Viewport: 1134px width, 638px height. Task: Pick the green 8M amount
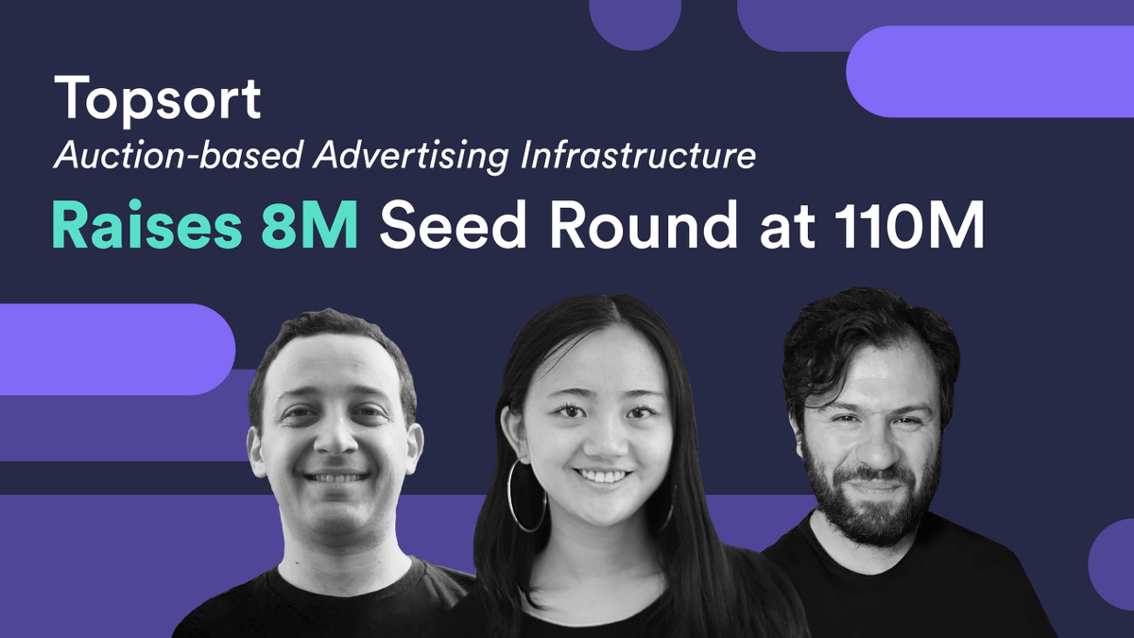tap(312, 227)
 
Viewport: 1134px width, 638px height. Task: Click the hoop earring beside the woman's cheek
tap(526, 495)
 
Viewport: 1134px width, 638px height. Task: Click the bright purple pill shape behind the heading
tap(992, 72)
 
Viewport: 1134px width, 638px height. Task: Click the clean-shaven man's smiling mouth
tap(337, 477)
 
